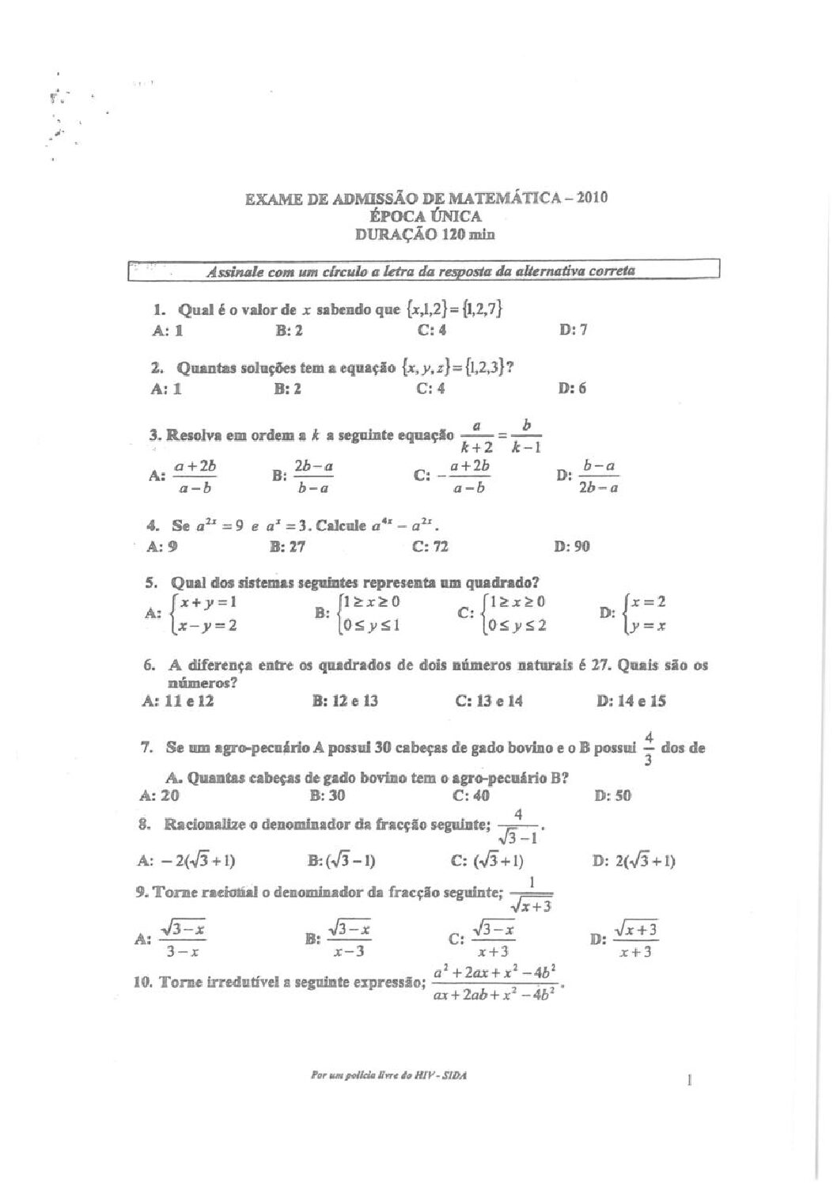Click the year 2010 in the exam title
[593, 198]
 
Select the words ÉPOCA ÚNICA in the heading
[425, 216]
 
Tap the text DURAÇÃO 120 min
[425, 234]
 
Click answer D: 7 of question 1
[573, 330]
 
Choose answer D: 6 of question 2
[572, 389]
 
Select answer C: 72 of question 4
[430, 546]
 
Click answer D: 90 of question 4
[574, 546]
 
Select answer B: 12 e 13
[345, 700]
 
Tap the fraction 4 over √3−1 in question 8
[519, 826]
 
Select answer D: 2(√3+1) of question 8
[633, 861]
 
